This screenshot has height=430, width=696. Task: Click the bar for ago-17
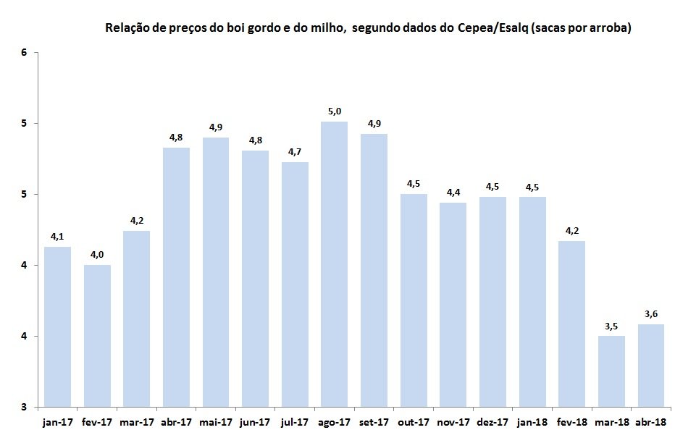tap(335, 264)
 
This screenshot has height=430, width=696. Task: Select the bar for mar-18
tap(611, 371)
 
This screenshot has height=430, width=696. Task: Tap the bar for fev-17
tap(97, 336)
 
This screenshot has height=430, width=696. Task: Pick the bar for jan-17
tap(58, 326)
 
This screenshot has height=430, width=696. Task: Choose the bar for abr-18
tap(650, 366)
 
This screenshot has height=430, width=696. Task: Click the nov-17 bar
tap(453, 305)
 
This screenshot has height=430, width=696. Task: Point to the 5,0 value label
tap(335, 111)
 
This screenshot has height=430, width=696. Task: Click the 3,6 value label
tap(651, 314)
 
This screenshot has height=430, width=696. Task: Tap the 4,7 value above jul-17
tap(295, 152)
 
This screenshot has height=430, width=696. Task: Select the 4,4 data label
tap(453, 192)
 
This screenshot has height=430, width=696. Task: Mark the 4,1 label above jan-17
tap(57, 237)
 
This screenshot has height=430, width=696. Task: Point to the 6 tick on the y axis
tap(24, 52)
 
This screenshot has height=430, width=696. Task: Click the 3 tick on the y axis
tap(24, 407)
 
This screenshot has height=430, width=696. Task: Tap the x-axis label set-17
tap(374, 422)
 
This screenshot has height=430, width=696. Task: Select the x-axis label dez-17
tap(492, 422)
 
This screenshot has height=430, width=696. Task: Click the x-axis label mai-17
tap(216, 422)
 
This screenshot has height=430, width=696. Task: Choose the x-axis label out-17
tap(414, 422)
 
